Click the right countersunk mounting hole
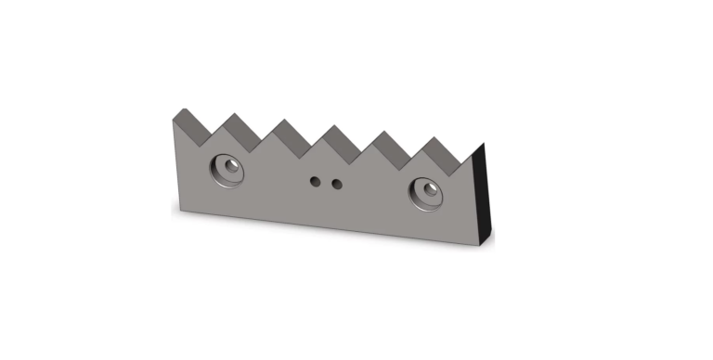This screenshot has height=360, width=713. (x=429, y=192)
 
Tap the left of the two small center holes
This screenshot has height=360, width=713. (x=317, y=180)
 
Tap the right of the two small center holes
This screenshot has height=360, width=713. (x=336, y=184)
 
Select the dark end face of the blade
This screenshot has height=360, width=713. (x=483, y=196)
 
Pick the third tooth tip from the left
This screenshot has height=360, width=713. (x=283, y=121)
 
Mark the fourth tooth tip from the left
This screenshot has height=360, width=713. (x=332, y=126)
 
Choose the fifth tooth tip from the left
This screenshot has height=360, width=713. (x=382, y=133)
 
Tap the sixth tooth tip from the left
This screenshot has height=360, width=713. (x=433, y=139)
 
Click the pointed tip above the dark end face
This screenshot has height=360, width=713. (x=484, y=145)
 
